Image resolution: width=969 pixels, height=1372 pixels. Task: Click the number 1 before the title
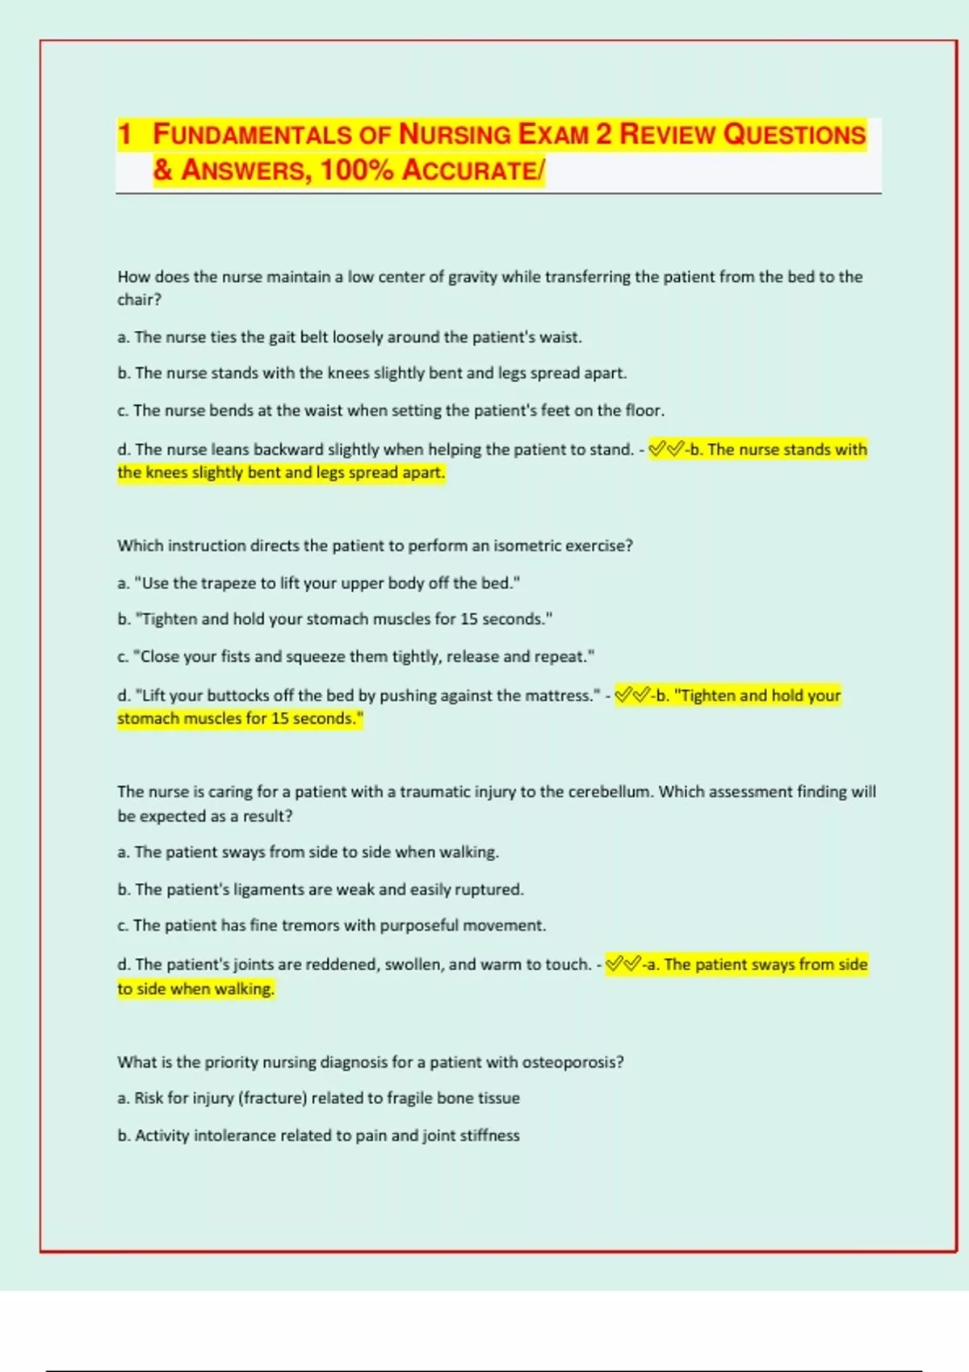(124, 134)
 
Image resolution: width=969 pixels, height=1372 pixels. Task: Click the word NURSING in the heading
(455, 134)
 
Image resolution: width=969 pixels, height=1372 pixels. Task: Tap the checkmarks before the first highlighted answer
(666, 450)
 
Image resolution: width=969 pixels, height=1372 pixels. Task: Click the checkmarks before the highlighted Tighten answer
(632, 695)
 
